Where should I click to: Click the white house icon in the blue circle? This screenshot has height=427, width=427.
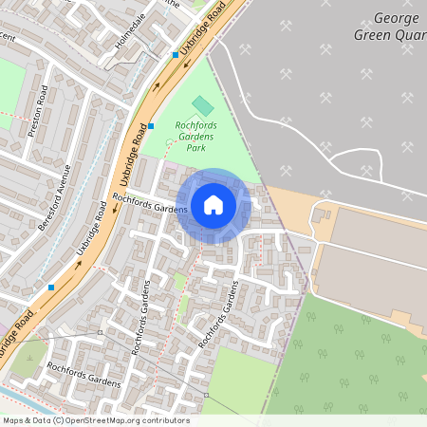213,205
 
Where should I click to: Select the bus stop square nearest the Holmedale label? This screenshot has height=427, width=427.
175,55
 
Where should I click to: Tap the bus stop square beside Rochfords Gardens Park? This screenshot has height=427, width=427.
151,125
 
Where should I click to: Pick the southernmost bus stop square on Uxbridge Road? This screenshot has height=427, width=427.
51,287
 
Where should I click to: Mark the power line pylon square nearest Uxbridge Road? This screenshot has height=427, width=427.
101,333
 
